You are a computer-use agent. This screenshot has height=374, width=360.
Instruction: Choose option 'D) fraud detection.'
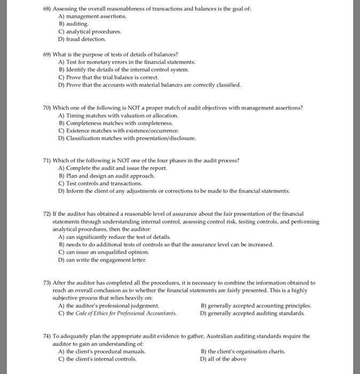tap(82, 39)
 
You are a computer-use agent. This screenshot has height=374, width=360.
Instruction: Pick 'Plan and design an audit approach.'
tap(110, 176)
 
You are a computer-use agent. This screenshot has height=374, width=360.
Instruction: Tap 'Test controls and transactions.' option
tap(104, 183)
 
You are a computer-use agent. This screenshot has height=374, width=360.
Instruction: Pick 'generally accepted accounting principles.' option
tap(256, 306)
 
